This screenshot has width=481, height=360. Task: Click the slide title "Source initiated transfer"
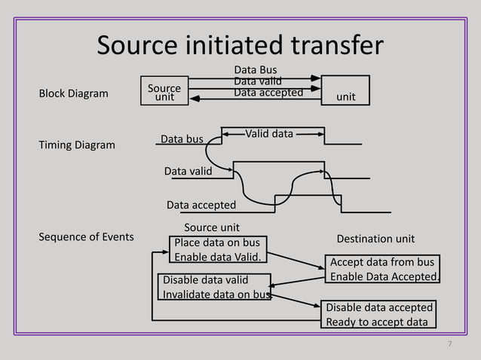pyautogui.click(x=240, y=46)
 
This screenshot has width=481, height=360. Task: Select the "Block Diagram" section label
pyautogui.click(x=73, y=94)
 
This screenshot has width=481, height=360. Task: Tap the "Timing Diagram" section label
pyautogui.click(x=77, y=145)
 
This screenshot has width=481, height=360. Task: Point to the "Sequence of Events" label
pyautogui.click(x=86, y=237)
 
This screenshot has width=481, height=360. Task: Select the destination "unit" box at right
pyautogui.click(x=345, y=90)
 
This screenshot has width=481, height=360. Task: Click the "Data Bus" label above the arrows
pyautogui.click(x=256, y=70)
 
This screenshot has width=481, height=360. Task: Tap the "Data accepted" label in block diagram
pyautogui.click(x=268, y=93)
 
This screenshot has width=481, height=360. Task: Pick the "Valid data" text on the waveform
pyautogui.click(x=269, y=134)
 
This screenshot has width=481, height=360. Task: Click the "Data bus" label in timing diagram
pyautogui.click(x=182, y=139)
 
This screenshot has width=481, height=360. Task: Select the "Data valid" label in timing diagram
pyautogui.click(x=188, y=172)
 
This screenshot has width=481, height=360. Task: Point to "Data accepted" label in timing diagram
pyautogui.click(x=201, y=205)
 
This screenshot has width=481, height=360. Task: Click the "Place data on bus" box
pyautogui.click(x=219, y=250)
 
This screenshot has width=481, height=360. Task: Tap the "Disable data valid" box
pyautogui.click(x=215, y=287)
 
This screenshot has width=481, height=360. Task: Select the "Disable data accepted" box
pyautogui.click(x=379, y=315)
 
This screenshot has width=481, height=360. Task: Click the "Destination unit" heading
pyautogui.click(x=375, y=239)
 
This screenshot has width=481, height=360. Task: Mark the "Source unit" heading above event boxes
pyautogui.click(x=212, y=227)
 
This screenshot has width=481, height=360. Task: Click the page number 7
pyautogui.click(x=449, y=344)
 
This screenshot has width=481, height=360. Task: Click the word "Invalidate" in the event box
pyautogui.click(x=187, y=294)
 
